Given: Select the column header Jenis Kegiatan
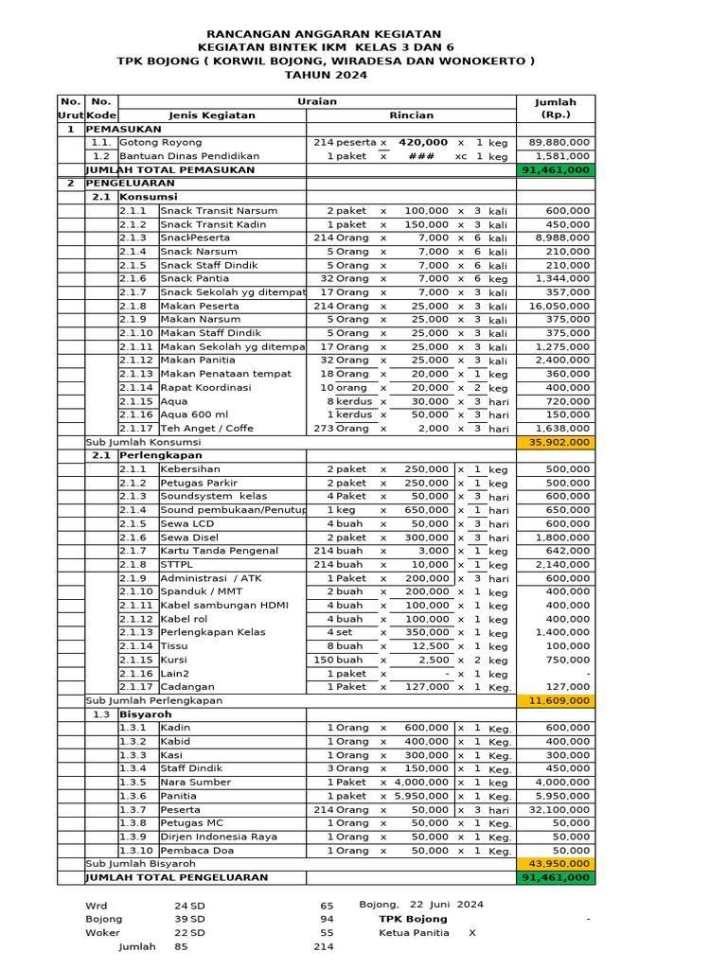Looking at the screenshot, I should click(x=212, y=115).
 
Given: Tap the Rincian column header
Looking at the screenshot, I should click(x=411, y=115).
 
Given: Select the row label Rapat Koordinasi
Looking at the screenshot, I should click(x=205, y=388).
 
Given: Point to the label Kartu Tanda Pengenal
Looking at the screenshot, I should click(x=219, y=551).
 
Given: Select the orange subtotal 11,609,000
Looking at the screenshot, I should click(x=557, y=701).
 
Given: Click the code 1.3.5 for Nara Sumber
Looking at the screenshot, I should click(x=133, y=783).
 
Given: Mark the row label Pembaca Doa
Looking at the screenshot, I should click(x=196, y=851).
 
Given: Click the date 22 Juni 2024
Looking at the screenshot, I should click(x=443, y=905).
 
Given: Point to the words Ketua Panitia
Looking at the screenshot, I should click(x=414, y=933).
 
